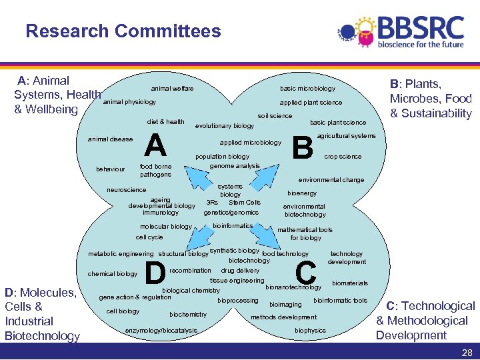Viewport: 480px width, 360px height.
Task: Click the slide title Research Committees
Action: click(123, 31)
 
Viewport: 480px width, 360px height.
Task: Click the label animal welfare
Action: click(172, 89)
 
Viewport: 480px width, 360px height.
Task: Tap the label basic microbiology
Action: click(307, 89)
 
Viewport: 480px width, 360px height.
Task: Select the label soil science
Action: click(275, 116)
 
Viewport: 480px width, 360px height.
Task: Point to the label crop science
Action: click(343, 157)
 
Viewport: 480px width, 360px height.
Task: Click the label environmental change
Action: click(331, 180)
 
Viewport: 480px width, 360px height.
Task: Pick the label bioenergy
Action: click(302, 193)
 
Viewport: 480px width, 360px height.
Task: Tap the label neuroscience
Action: click(127, 190)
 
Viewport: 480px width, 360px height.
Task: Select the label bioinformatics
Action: click(233, 225)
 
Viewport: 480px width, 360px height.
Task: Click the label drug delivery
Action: click(240, 271)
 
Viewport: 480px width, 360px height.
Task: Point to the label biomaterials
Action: click(349, 283)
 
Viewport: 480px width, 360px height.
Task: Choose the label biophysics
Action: click(310, 330)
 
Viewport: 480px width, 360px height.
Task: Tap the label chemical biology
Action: click(113, 274)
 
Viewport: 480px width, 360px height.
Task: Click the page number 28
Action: click(467, 351)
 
